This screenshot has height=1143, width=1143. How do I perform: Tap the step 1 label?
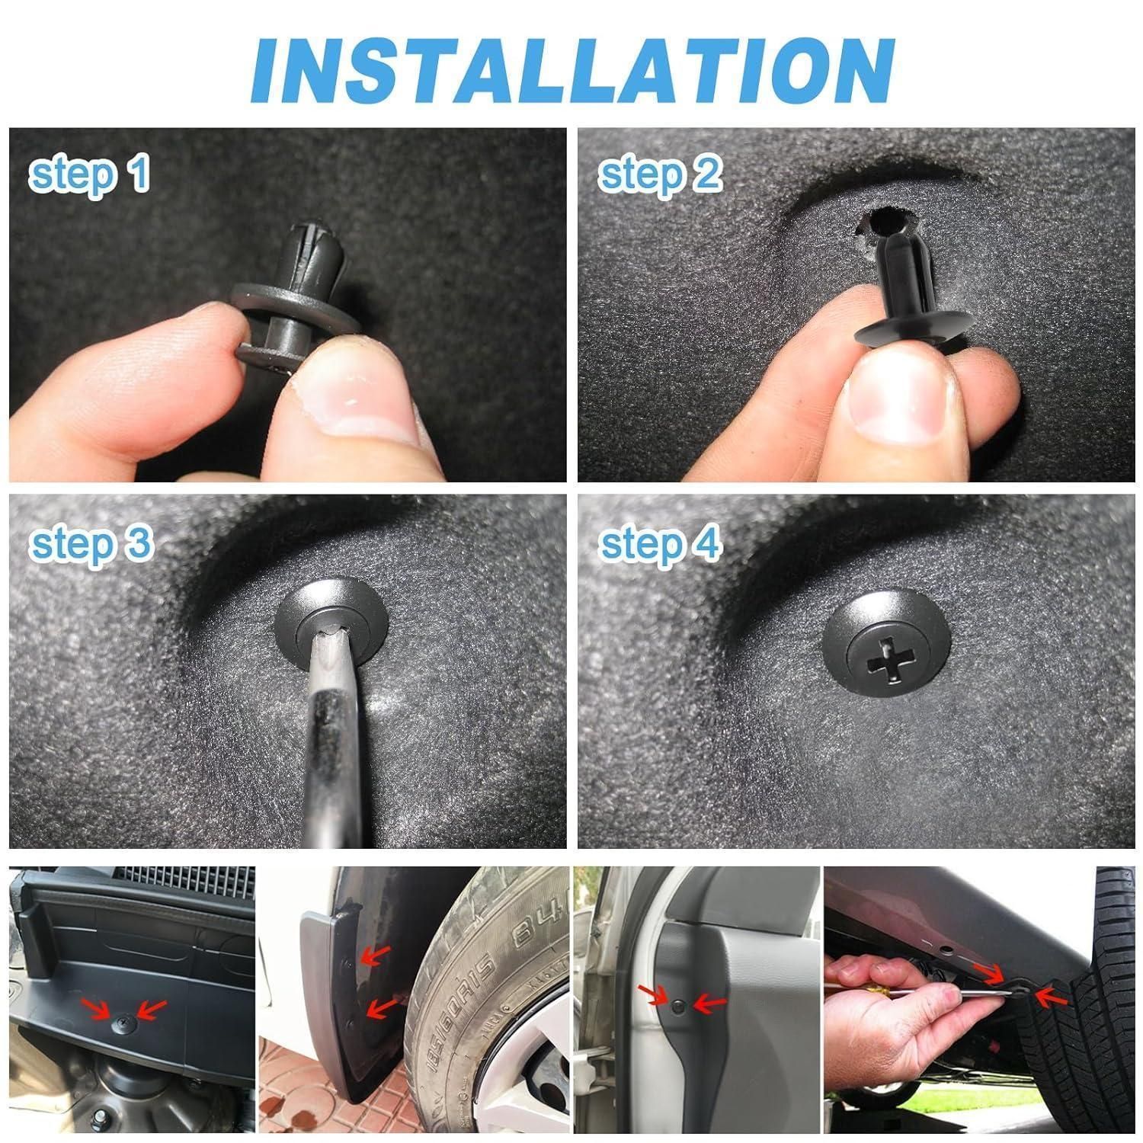(89, 174)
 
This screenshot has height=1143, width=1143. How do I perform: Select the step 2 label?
(660, 174)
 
